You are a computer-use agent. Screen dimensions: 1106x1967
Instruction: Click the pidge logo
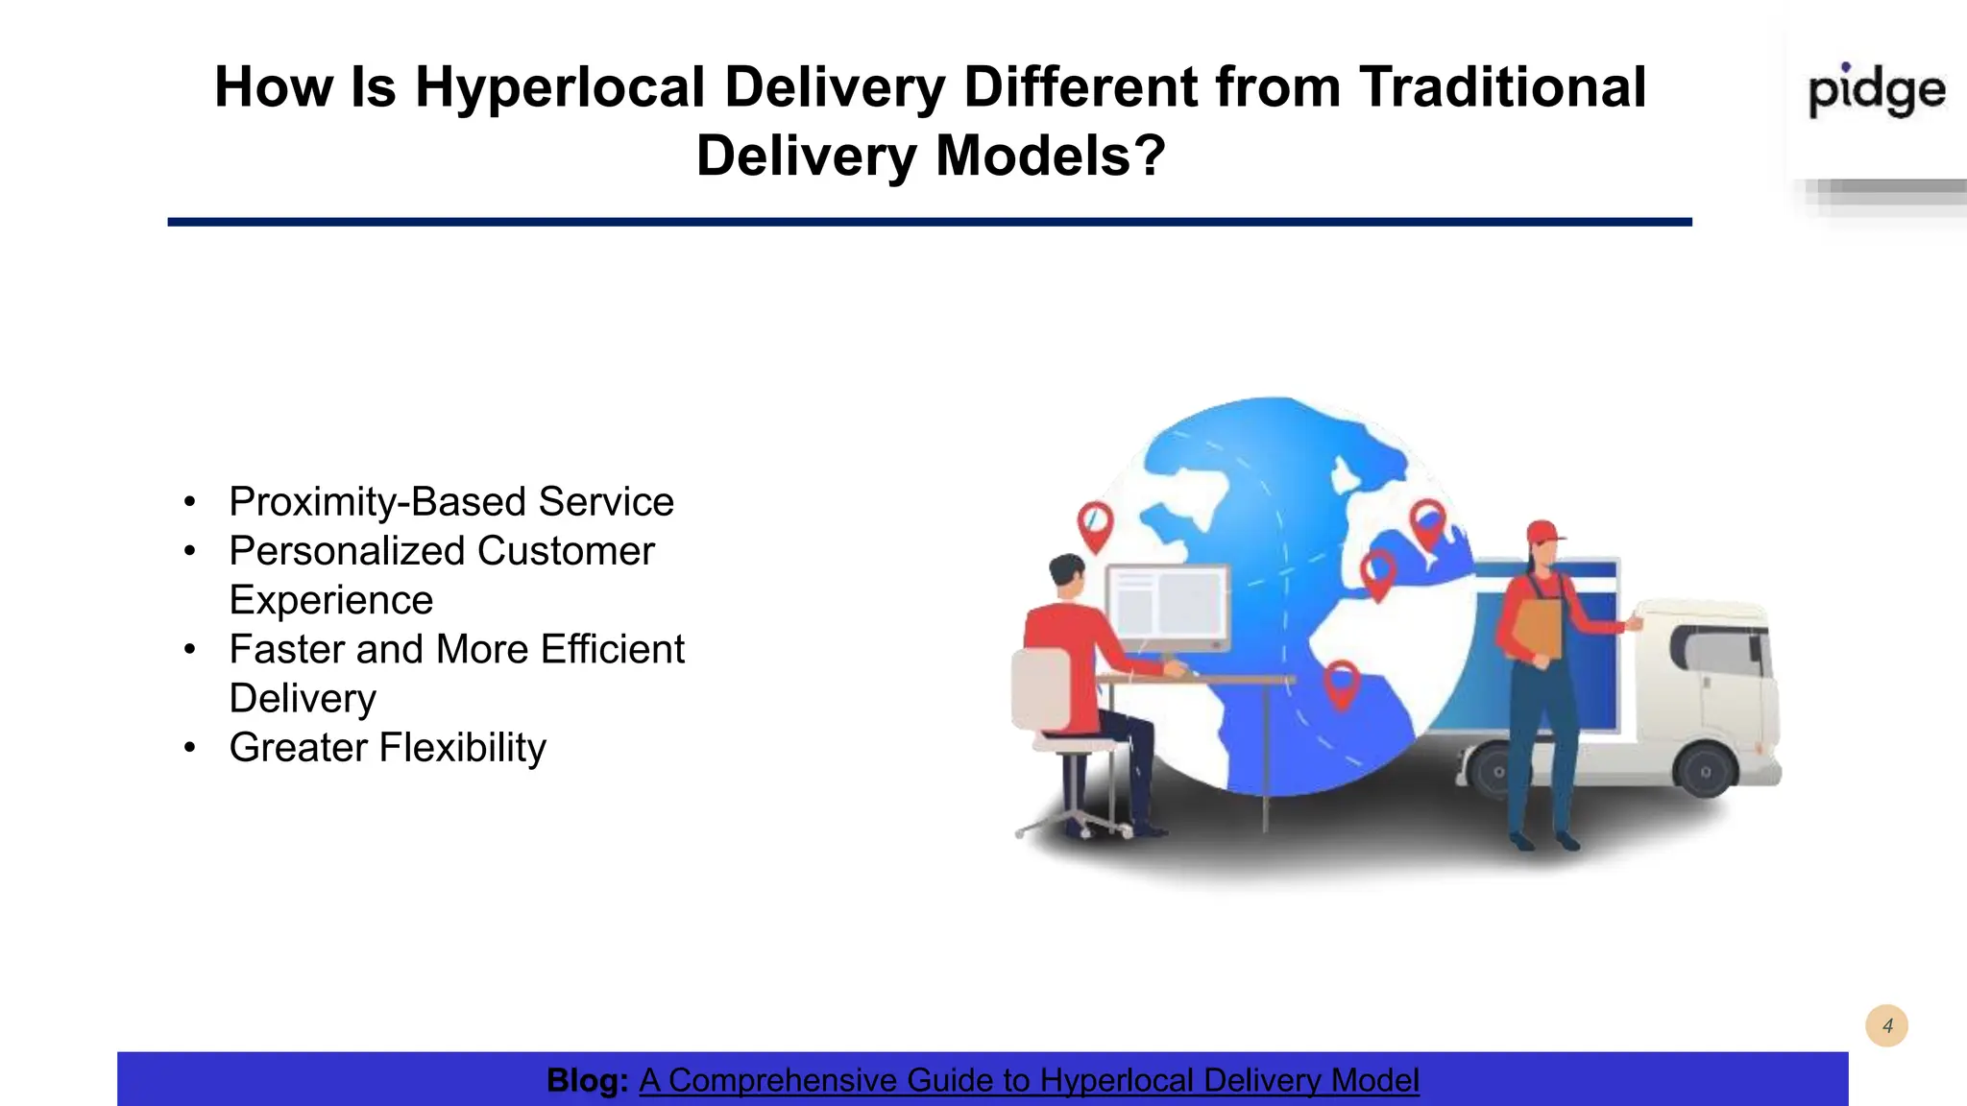[x=1876, y=91]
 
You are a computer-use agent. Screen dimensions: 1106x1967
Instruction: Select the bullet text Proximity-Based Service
[x=450, y=502]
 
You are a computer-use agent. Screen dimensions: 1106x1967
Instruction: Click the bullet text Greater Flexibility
[x=387, y=748]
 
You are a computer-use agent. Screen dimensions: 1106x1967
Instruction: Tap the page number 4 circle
[x=1886, y=1026]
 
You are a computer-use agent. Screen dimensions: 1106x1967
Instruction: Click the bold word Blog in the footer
[x=586, y=1080]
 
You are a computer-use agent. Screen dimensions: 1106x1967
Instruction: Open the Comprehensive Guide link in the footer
[x=1028, y=1080]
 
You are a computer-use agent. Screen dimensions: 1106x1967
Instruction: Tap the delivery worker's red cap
[x=1542, y=532]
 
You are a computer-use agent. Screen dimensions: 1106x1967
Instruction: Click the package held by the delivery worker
[x=1538, y=629]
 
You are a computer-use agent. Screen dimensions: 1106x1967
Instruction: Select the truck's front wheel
[x=1704, y=771]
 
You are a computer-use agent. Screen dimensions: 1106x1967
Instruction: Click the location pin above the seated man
[x=1095, y=523]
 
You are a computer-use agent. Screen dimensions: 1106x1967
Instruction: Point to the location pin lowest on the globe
[x=1341, y=682]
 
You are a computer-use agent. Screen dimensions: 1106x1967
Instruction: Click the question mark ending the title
[x=1149, y=156]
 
